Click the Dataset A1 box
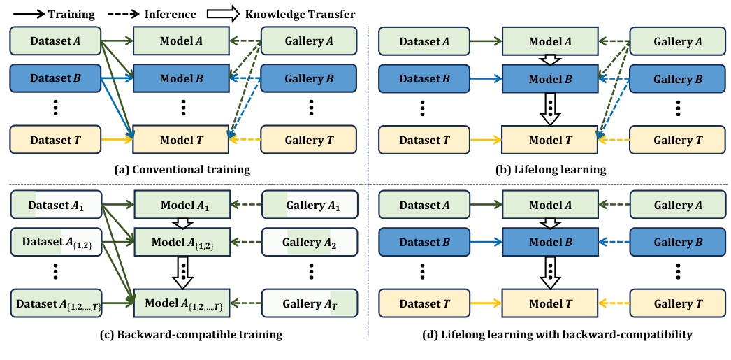pos(57,205)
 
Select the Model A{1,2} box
pos(181,242)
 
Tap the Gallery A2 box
pos(308,242)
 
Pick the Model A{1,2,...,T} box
pos(181,303)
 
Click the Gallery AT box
pos(308,303)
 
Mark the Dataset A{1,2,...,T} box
pos(57,303)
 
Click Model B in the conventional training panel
pos(181,78)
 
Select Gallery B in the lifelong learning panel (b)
pos(676,78)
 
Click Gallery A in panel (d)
pos(676,205)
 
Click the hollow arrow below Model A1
pos(181,223)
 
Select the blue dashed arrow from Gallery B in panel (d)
pos(614,243)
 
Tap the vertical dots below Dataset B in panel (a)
pos(57,108)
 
